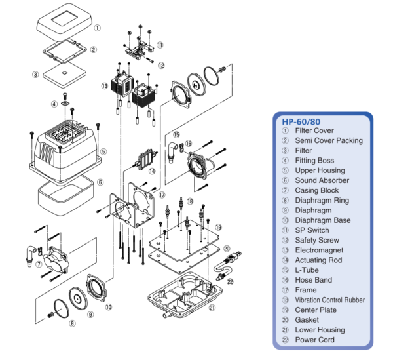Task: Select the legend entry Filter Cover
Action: (x=314, y=130)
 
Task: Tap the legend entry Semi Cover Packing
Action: (x=327, y=140)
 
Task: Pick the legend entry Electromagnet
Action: (x=317, y=250)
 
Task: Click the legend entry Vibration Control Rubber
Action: (x=329, y=300)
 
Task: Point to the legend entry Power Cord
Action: (x=314, y=340)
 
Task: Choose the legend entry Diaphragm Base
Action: (x=322, y=220)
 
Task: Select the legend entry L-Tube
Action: (x=308, y=270)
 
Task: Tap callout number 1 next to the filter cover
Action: (x=97, y=28)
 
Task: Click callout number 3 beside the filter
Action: (x=35, y=74)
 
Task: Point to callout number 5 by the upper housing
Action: (x=103, y=151)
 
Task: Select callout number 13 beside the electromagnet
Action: (x=104, y=86)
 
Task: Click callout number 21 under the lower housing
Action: (x=211, y=307)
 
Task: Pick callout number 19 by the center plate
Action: (x=217, y=228)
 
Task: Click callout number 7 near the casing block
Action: (x=39, y=264)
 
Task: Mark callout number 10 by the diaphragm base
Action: (x=109, y=306)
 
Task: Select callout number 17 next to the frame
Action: (x=162, y=195)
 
